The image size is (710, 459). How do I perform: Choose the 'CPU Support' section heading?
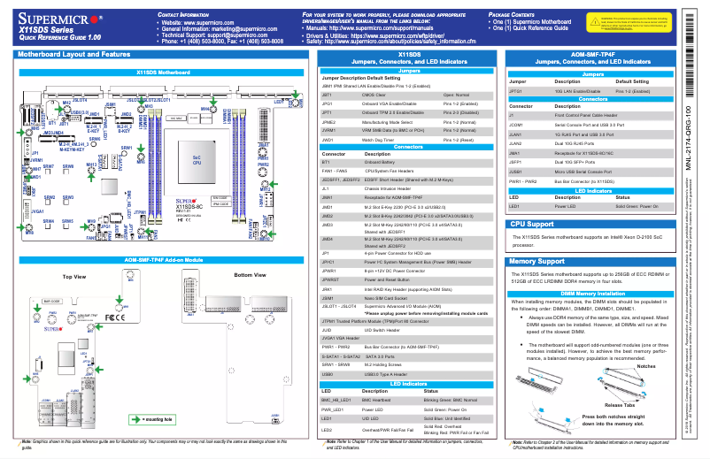(x=531, y=225)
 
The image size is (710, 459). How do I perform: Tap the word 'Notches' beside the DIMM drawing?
(x=646, y=365)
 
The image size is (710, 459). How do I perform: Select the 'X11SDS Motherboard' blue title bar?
(x=163, y=71)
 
